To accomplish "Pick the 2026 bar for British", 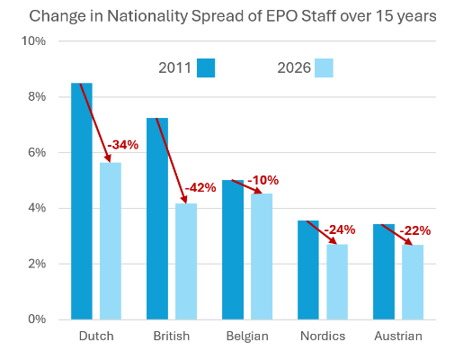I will point(186,261).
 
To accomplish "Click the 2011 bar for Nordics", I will point(308,269).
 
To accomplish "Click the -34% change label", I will point(122,145).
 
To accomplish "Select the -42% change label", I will point(200,187).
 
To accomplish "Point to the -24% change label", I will point(339,229).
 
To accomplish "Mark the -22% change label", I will point(414,229).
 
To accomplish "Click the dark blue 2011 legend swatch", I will point(207,67).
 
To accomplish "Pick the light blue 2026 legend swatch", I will point(325,67).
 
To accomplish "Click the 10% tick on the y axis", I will point(34,41).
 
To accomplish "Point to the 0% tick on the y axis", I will point(37,319).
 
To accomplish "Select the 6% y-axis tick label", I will point(37,153).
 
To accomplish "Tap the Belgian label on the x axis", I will point(246,336).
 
